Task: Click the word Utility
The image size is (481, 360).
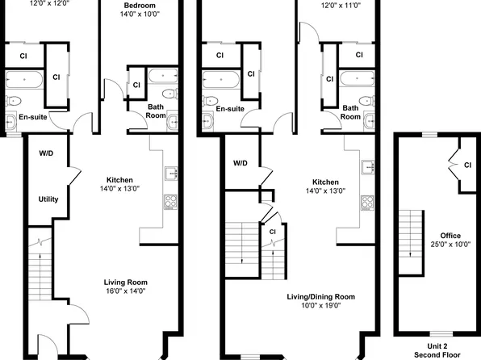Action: point(48,199)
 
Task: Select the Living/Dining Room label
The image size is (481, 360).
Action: point(320,297)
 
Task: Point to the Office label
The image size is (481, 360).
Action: point(439,236)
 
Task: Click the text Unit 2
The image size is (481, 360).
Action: point(436,345)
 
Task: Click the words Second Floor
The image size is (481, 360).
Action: point(436,354)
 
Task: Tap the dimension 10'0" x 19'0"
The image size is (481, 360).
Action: point(320,306)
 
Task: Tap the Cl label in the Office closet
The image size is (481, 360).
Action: point(467,165)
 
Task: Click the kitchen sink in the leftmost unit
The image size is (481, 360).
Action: point(171,174)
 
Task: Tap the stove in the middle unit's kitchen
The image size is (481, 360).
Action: point(366,202)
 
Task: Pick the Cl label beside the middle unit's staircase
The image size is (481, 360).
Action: point(272,232)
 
